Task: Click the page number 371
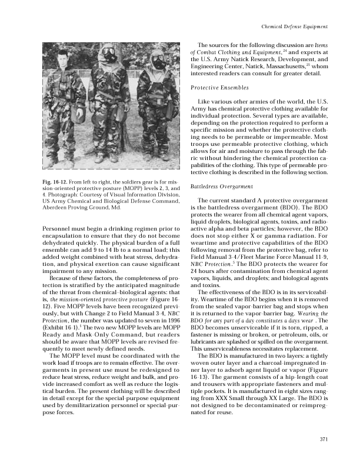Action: coord(323,440)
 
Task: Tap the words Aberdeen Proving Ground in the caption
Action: coord(54,208)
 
